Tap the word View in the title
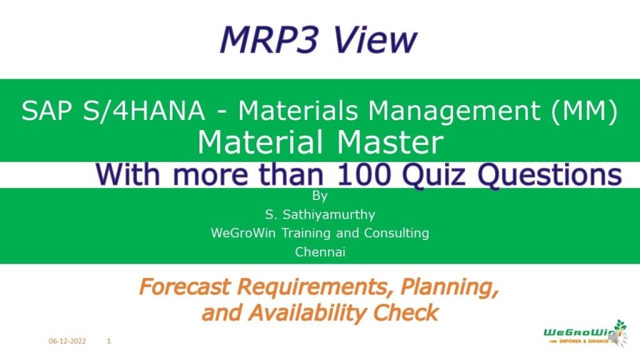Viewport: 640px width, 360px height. click(374, 39)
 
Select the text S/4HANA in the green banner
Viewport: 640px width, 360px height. click(139, 111)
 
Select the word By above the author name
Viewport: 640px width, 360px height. click(319, 197)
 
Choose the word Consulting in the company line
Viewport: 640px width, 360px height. click(399, 234)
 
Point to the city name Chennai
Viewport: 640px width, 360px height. click(320, 252)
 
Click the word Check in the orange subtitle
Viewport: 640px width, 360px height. click(406, 312)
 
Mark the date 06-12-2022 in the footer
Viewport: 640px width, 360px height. click(67, 341)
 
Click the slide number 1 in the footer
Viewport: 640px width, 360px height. click(109, 341)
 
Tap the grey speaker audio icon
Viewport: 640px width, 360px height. click(614, 338)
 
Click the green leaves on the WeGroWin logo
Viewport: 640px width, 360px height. click(620, 325)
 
